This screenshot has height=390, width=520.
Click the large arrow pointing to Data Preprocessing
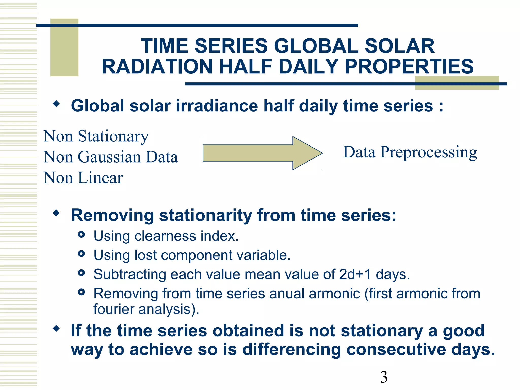(262, 153)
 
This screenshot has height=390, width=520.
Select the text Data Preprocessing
(410, 152)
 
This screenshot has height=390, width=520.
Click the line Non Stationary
(96, 136)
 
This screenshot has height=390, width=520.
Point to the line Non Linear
(83, 177)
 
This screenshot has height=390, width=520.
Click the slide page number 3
(384, 377)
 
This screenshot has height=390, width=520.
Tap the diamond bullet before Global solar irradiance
(56, 104)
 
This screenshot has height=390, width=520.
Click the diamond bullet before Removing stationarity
(56, 213)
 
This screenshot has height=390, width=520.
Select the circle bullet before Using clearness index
(81, 234)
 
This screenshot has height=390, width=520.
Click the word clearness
(165, 236)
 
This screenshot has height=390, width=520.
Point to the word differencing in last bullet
(291, 350)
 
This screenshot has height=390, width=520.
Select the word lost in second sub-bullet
(145, 255)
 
